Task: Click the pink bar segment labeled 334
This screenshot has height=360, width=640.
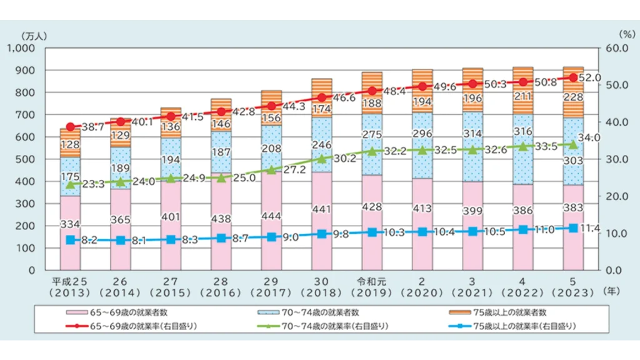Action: pyautogui.click(x=70, y=232)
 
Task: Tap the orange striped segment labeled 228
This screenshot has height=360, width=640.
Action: pyautogui.click(x=573, y=97)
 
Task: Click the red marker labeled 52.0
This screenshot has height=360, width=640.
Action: pyautogui.click(x=573, y=77)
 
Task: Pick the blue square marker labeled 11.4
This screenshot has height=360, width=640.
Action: pyautogui.click(x=573, y=228)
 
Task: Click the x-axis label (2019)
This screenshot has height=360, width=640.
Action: pyautogui.click(x=372, y=292)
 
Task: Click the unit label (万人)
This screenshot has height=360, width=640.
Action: pyautogui.click(x=31, y=35)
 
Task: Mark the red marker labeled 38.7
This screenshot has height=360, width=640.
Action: pyautogui.click(x=70, y=127)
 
